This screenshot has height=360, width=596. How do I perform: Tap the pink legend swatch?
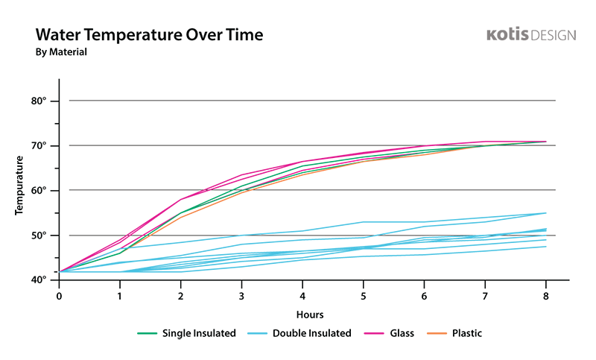point(370,322)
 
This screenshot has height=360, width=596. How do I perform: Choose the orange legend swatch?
point(437,322)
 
